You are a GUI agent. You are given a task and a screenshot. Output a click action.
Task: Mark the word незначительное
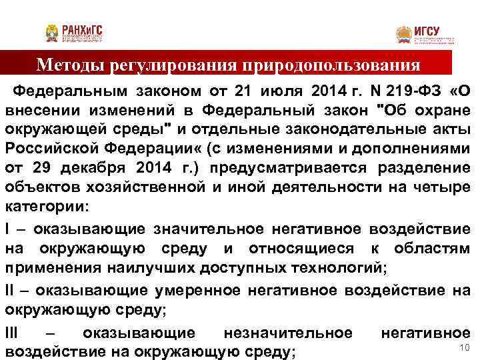(287, 332)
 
